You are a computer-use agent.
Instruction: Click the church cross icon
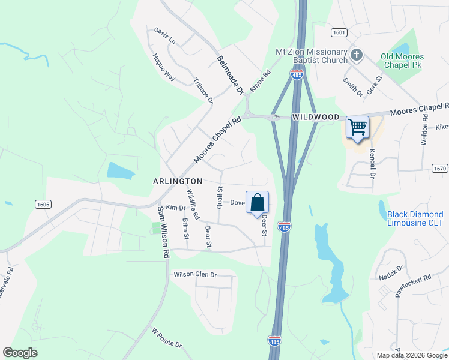(x=357, y=55)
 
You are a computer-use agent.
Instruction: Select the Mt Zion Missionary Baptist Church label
(x=312, y=56)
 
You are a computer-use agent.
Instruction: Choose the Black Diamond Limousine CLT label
(x=415, y=218)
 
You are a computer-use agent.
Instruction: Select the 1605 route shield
(x=42, y=205)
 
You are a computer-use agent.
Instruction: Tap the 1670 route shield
(x=439, y=169)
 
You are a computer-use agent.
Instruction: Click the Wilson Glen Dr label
(x=195, y=275)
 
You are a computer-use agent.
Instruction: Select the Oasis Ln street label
(x=164, y=35)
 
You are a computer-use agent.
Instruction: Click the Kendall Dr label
(x=372, y=164)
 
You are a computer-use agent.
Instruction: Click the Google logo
(x=20, y=353)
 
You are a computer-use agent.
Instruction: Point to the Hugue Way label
(x=163, y=67)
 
